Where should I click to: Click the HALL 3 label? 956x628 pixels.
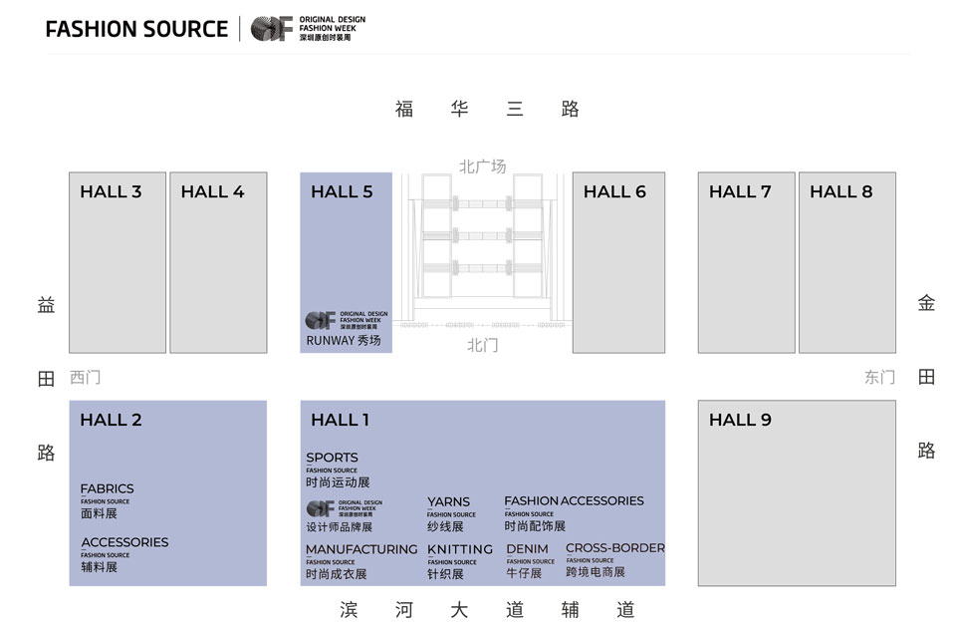[x=111, y=191]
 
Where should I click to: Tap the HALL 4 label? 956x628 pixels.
[x=212, y=191]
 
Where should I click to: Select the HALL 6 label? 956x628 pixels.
[x=614, y=191]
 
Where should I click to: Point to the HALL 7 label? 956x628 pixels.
[x=740, y=191]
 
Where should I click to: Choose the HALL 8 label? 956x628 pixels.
[x=840, y=191]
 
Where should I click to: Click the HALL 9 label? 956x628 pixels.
[x=740, y=420]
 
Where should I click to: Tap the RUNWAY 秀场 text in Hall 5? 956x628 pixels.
[x=344, y=341]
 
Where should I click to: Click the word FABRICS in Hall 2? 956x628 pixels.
[x=107, y=488]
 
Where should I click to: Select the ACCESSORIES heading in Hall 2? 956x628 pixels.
[x=124, y=542]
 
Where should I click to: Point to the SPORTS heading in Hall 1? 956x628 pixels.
[x=332, y=458]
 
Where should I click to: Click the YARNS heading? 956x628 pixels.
[x=448, y=502]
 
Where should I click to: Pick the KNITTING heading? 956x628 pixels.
[x=460, y=549]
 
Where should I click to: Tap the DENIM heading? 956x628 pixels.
[x=527, y=549]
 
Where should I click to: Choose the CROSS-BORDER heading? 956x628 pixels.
[x=614, y=548]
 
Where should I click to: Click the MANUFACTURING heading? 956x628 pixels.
[x=361, y=549]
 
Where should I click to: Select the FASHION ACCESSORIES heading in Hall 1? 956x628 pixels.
[x=574, y=500]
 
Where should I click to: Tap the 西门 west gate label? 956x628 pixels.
[x=85, y=378]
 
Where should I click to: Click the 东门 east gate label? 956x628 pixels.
[x=879, y=378]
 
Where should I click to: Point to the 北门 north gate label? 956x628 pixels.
[x=482, y=345]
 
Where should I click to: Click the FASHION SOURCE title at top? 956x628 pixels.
[x=136, y=29]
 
